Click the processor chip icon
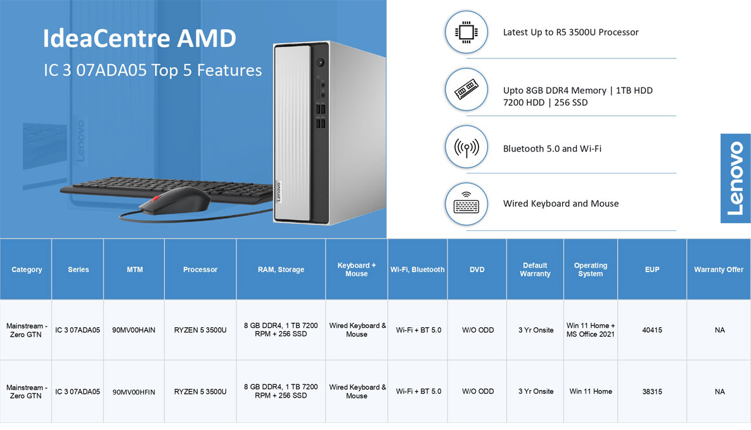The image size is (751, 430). click(466, 32)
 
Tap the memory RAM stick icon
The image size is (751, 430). click(466, 89)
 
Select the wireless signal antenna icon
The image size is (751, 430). click(466, 147)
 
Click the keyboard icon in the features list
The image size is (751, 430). click(466, 204)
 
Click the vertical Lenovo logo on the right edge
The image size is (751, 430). click(735, 178)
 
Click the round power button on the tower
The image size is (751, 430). click(321, 62)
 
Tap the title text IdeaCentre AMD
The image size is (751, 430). click(139, 38)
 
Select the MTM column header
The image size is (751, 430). click(134, 270)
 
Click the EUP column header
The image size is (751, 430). click(652, 270)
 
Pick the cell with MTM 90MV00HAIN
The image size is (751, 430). click(134, 330)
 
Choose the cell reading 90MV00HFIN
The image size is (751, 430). click(134, 392)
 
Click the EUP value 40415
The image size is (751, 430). click(652, 330)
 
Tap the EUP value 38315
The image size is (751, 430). click(652, 392)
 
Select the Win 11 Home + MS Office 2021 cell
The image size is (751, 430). click(591, 330)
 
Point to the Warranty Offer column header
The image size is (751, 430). click(719, 270)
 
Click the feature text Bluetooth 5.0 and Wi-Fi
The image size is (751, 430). click(552, 148)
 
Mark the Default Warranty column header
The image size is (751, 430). click(535, 270)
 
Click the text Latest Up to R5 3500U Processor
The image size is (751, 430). click(571, 32)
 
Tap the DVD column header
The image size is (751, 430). click(477, 270)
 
